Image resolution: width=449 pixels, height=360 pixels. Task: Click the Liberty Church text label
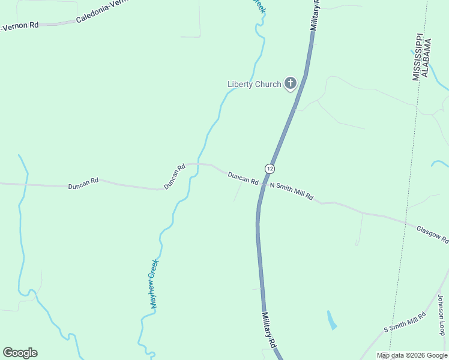254,84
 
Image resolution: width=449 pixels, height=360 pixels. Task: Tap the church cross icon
291,83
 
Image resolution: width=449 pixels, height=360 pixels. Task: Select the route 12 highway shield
270,169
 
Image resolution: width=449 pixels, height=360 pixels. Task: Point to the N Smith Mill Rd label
292,191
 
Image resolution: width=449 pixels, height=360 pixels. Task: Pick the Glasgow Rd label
432,234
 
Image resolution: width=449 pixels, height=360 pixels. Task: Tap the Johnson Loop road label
441,315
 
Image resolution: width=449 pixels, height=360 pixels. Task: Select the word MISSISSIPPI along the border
416,56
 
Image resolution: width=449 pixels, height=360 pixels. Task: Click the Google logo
20,353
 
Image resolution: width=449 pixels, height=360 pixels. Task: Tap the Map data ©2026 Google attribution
412,356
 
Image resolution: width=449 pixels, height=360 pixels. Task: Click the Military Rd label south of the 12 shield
268,329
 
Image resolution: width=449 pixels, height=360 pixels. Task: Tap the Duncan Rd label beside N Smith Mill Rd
243,178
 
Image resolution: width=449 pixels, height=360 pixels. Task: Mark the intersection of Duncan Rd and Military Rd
262,183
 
